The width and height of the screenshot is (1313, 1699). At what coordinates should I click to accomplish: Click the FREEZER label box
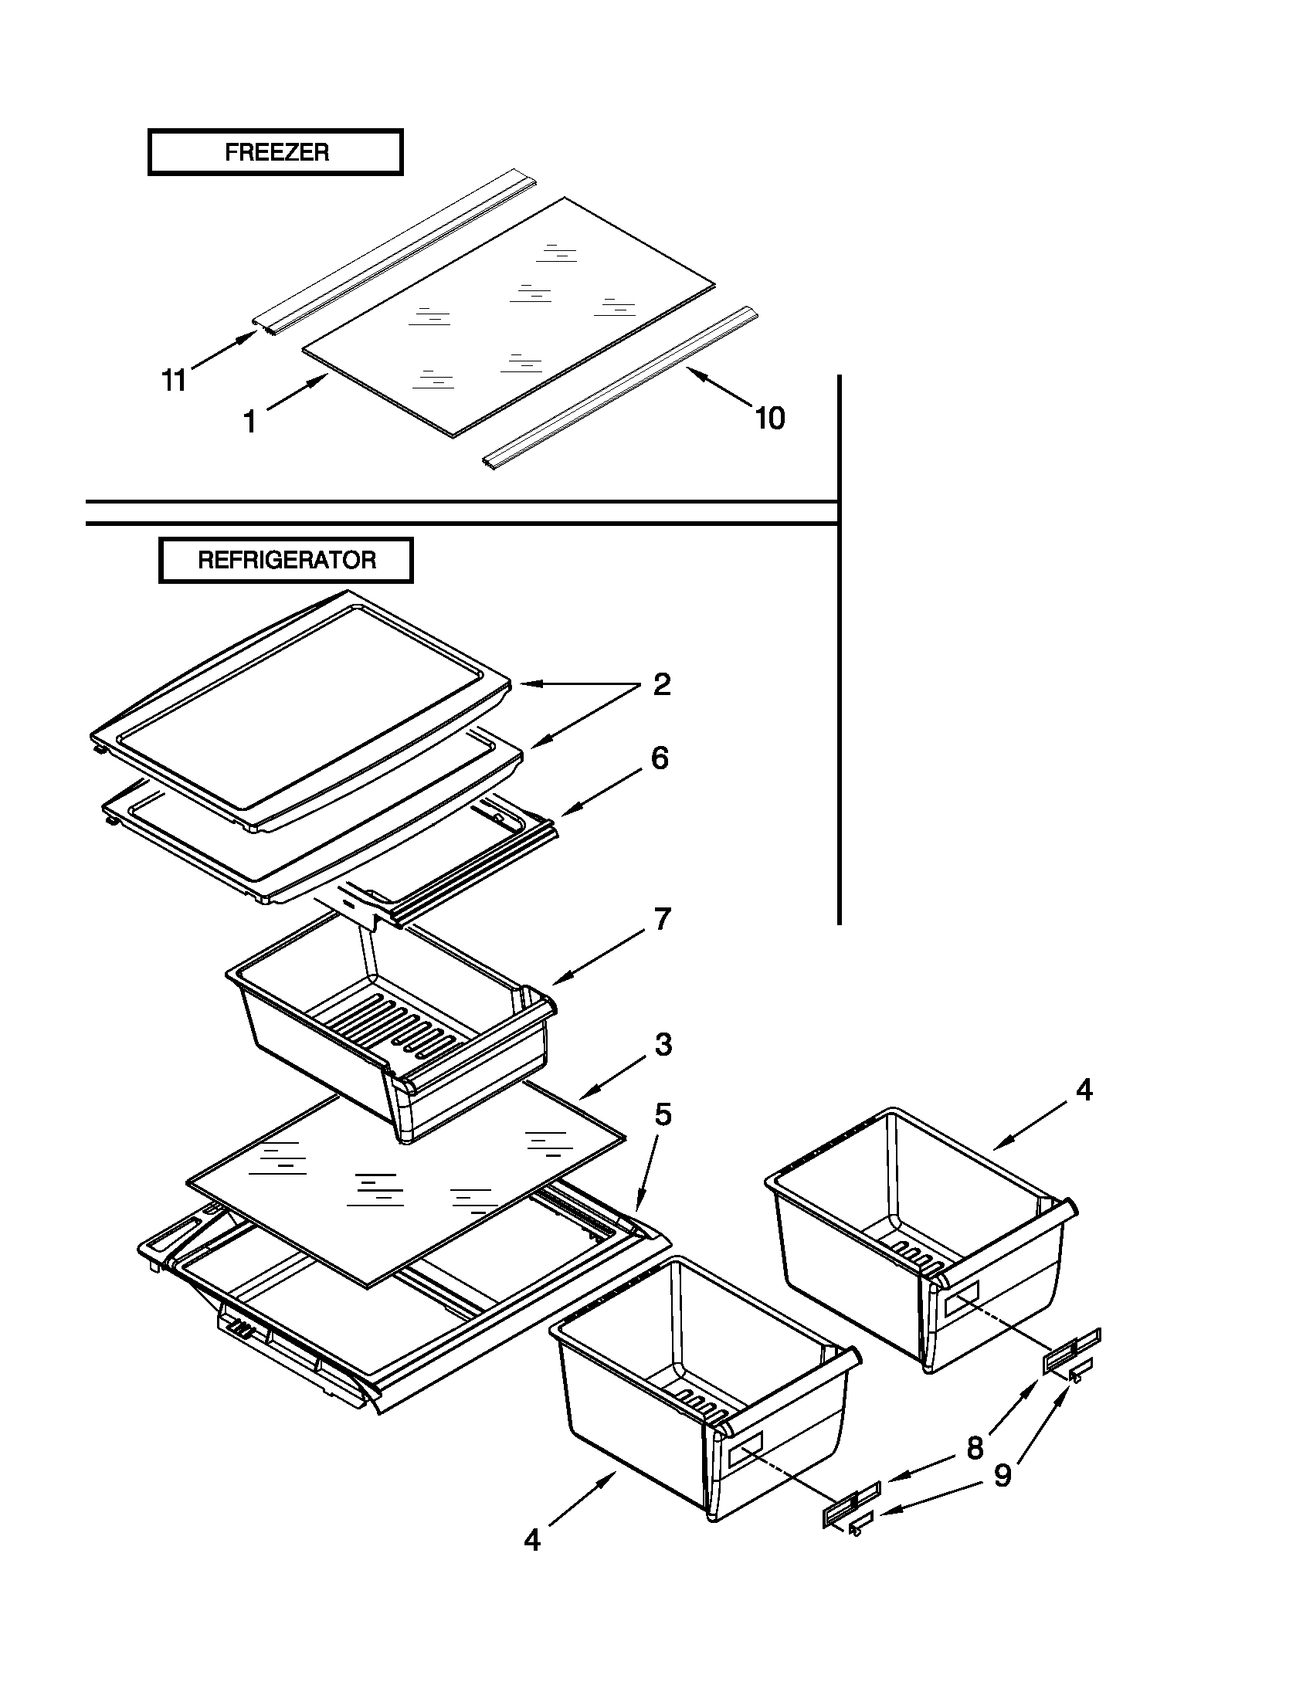click(x=276, y=152)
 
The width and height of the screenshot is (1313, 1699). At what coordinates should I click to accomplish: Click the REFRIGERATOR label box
click(x=286, y=560)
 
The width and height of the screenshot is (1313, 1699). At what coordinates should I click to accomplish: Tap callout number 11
click(x=174, y=381)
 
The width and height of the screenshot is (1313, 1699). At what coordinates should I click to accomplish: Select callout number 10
click(x=770, y=419)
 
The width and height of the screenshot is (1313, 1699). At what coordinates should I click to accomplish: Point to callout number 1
click(x=249, y=422)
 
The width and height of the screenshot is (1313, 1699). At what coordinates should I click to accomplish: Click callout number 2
click(x=661, y=684)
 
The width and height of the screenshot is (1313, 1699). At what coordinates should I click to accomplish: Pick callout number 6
click(x=659, y=758)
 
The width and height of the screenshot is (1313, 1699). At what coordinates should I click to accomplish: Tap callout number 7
click(x=662, y=920)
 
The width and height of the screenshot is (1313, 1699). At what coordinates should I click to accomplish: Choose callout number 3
click(x=663, y=1045)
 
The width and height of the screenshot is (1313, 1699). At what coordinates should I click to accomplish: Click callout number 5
click(x=662, y=1114)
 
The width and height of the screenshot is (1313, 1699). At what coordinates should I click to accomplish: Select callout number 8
click(x=975, y=1449)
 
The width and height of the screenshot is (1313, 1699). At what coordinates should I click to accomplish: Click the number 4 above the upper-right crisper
click(x=1084, y=1090)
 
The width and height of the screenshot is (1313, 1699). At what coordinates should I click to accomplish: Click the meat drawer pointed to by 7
click(x=389, y=1043)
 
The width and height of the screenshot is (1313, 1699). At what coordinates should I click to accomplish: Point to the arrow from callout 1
click(x=298, y=392)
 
